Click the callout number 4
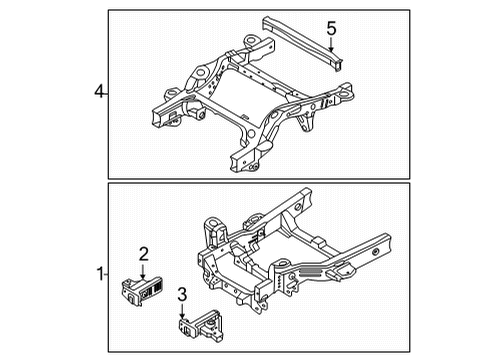pyautogui.click(x=99, y=92)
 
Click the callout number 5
pyautogui.click(x=331, y=27)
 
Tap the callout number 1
pyautogui.click(x=99, y=272)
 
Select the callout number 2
pyautogui.click(x=144, y=254)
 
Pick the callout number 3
pyautogui.click(x=182, y=294)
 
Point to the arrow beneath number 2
pyautogui.click(x=144, y=270)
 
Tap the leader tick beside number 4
pyautogui.click(x=107, y=92)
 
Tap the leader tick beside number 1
pyautogui.click(x=107, y=272)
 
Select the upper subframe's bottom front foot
pyautogui.click(x=243, y=163)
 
